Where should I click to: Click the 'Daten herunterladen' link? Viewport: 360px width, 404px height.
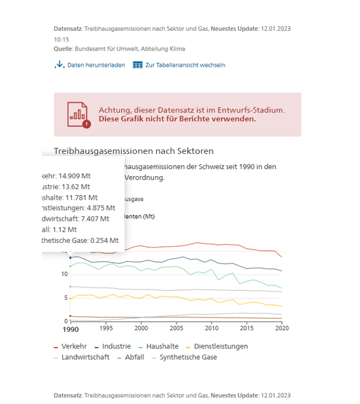pos(96,65)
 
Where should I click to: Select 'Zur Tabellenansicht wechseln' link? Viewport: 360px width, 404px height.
pos(185,65)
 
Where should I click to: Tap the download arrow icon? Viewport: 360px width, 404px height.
pos(60,65)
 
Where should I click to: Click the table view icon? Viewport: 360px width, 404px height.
pos(137,65)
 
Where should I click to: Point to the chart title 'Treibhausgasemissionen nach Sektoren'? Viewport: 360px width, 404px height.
pos(134,151)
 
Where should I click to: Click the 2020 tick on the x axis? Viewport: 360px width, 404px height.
pos(281,327)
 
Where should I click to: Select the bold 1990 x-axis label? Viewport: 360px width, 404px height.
pos(71,328)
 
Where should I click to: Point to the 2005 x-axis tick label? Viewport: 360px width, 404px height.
pos(176,327)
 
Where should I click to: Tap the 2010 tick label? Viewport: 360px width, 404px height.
pos(211,327)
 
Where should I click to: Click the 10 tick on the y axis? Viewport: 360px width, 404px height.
pos(64,273)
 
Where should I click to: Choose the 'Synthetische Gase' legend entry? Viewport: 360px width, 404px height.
pos(188,357)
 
